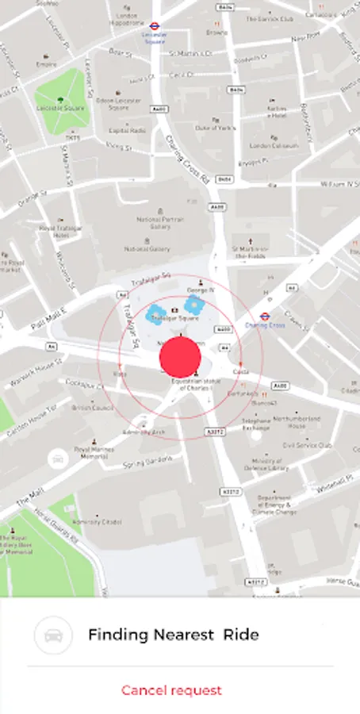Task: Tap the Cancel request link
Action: click(x=171, y=690)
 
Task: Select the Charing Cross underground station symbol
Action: click(x=265, y=315)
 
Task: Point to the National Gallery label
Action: click(x=147, y=248)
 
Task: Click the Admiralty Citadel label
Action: click(x=98, y=521)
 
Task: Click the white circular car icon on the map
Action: click(x=57, y=458)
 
